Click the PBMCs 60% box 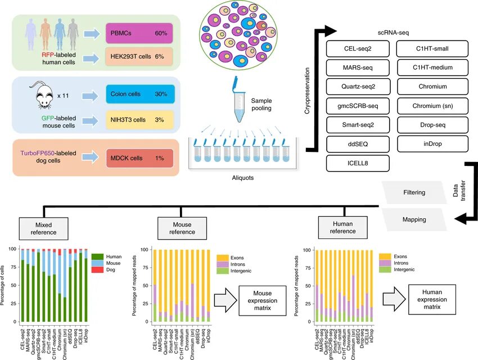[x=139, y=34]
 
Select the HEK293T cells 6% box [x=139, y=57]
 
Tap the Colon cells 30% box [x=139, y=94]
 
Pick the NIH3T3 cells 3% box [x=139, y=119]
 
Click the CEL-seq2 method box [x=358, y=49]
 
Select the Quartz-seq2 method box [x=358, y=87]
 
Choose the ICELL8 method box [x=358, y=163]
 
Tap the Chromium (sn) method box [x=432, y=106]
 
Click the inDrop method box [x=432, y=144]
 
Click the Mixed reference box [x=46, y=228]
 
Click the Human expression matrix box [x=432, y=296]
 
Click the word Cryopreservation [x=308, y=90]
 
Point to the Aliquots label [x=242, y=178]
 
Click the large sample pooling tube [x=240, y=106]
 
